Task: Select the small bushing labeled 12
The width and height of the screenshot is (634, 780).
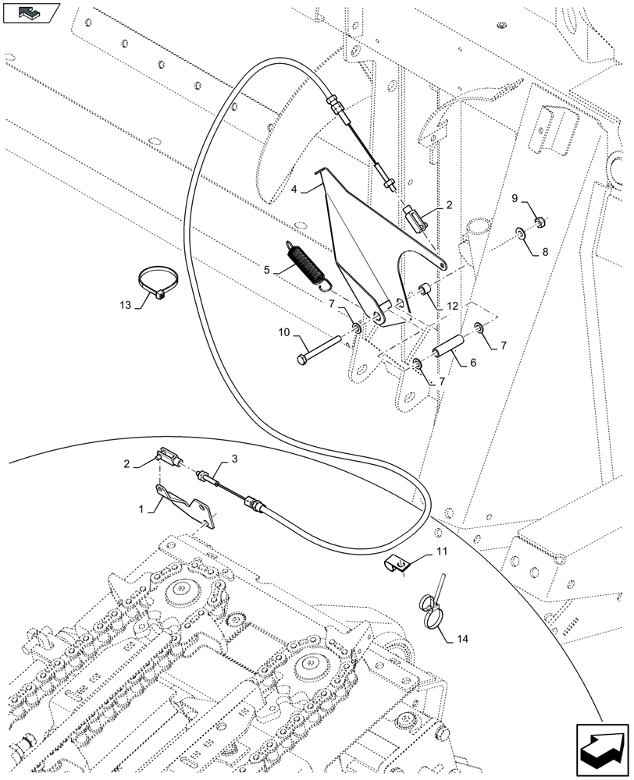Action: click(428, 292)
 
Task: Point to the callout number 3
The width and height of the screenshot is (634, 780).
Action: click(232, 460)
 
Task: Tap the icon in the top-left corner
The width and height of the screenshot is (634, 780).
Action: click(31, 13)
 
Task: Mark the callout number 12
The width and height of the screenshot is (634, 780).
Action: click(453, 307)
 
